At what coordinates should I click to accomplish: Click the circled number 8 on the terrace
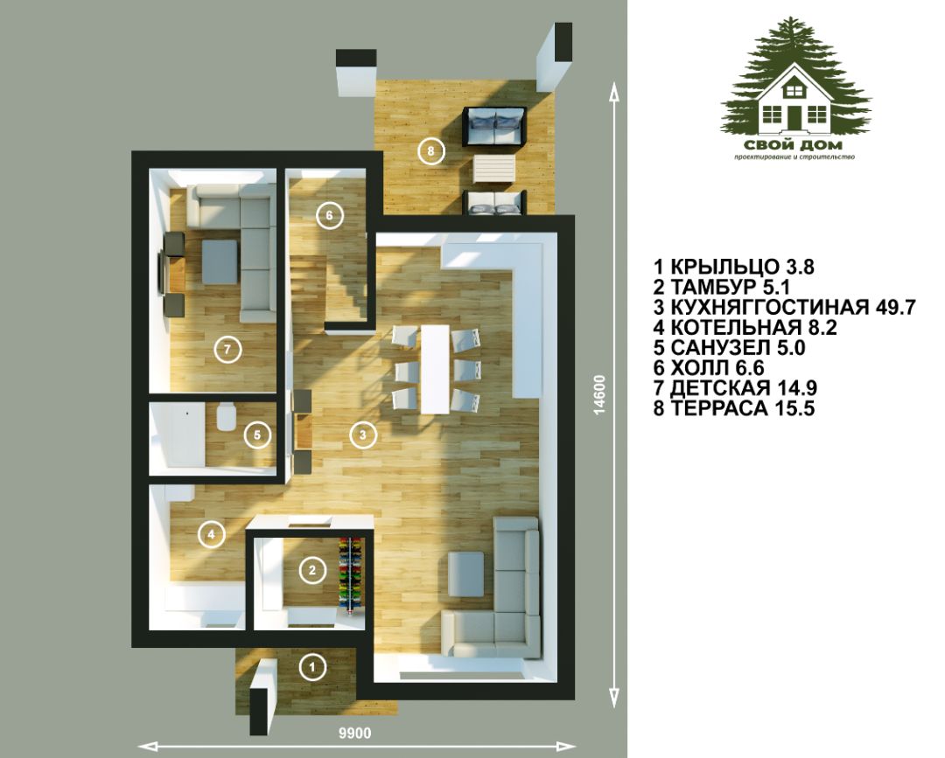(x=430, y=151)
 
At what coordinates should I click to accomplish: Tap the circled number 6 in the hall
(x=329, y=216)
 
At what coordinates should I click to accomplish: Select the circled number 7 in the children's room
(x=227, y=349)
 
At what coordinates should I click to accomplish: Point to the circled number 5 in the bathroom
(x=257, y=435)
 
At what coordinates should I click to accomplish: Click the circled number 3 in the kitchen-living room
(x=363, y=435)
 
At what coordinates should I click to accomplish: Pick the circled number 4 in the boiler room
(x=211, y=534)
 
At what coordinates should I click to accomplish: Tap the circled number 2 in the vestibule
(x=312, y=570)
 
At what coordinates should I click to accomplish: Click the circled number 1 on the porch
(x=312, y=666)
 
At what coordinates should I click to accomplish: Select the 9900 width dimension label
(x=355, y=734)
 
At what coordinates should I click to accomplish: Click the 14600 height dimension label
(x=598, y=395)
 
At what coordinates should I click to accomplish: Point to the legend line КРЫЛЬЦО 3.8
(x=734, y=267)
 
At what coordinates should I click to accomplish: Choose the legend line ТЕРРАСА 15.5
(x=734, y=408)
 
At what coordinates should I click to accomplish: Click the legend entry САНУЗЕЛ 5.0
(x=729, y=347)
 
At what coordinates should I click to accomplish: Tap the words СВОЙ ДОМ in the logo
(x=793, y=145)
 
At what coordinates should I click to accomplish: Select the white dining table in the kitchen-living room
(x=436, y=369)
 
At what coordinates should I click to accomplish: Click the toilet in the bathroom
(x=224, y=417)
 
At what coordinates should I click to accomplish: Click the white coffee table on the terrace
(x=494, y=170)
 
